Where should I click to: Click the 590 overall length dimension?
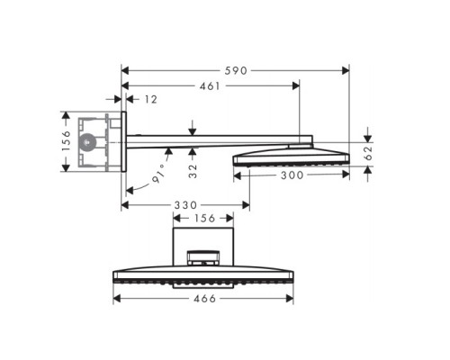point(236,69)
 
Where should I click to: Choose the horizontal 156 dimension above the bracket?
point(203,217)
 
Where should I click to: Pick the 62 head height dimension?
point(367,154)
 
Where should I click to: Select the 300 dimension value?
point(289,176)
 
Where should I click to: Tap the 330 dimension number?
point(177,205)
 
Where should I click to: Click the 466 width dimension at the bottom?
point(204,299)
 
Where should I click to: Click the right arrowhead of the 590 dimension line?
point(346,69)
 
